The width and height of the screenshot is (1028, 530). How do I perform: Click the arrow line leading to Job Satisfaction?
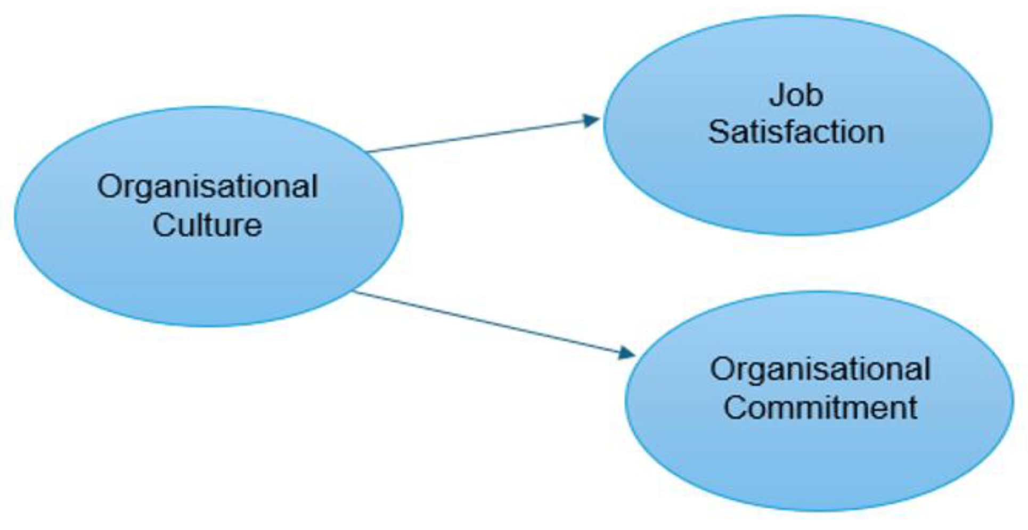[479, 136]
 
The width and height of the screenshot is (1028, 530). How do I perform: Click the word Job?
[796, 96]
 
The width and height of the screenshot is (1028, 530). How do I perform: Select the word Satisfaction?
[796, 132]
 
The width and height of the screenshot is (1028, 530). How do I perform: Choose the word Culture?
[207, 225]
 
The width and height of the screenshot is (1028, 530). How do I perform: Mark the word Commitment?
[820, 408]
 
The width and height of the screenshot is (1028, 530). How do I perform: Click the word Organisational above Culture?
[207, 187]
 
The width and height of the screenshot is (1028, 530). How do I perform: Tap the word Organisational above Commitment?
[820, 369]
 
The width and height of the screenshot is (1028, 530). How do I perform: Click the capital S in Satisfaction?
[719, 132]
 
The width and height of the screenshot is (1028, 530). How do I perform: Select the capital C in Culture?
[164, 225]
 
